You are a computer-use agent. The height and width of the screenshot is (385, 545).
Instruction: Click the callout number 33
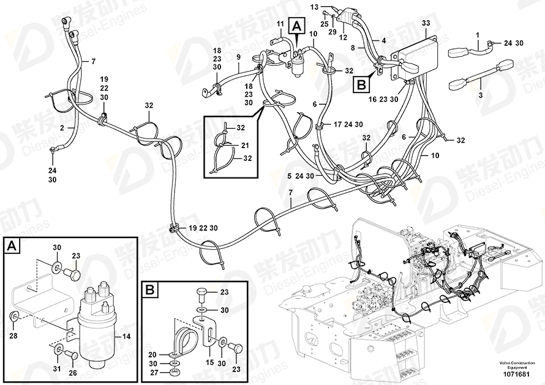tap(426, 23)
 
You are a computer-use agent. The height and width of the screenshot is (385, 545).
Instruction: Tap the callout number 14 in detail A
tap(127, 336)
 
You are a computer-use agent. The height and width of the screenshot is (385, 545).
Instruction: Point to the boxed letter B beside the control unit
tap(361, 83)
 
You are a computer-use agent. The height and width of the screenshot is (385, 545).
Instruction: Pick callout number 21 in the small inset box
tap(245, 145)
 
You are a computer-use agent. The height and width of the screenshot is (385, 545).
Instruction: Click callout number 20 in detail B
tap(152, 354)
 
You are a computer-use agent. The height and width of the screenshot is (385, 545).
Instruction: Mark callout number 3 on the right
tap(481, 96)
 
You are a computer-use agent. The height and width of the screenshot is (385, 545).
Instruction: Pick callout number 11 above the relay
tap(280, 24)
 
